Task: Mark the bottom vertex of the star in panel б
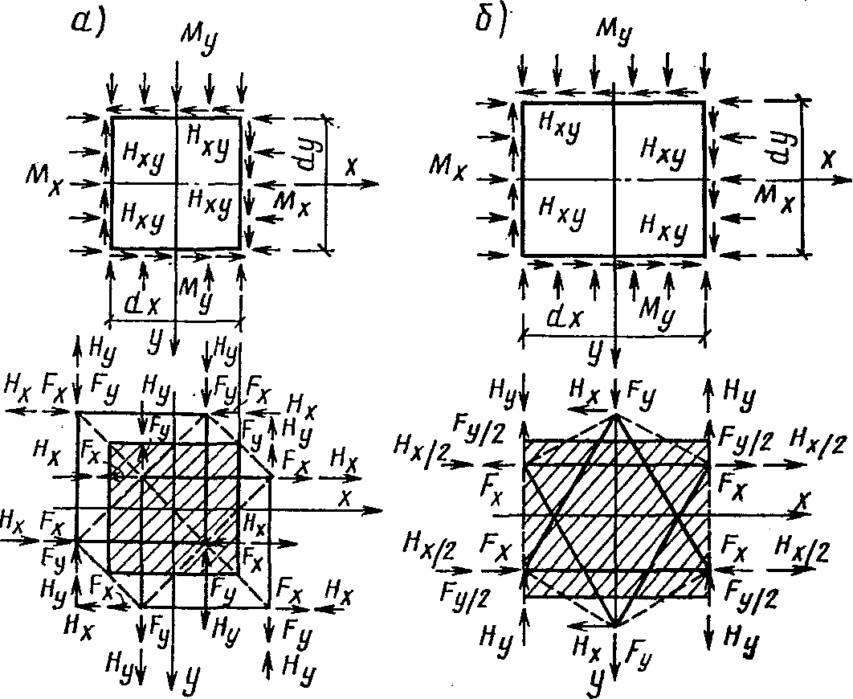click(614, 625)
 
